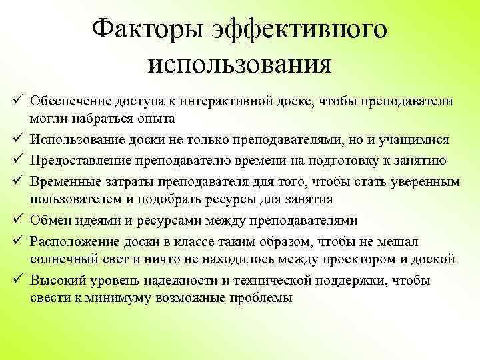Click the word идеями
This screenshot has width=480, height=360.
pos(105,220)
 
